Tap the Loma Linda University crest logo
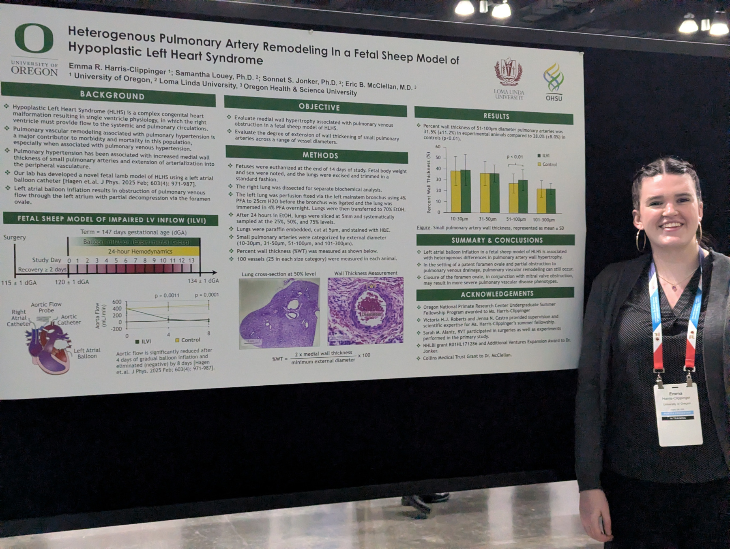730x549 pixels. [508, 73]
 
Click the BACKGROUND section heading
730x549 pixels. [112, 96]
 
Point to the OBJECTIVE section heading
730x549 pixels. [319, 107]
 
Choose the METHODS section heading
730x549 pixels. [320, 155]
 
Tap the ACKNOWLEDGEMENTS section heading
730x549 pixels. [497, 293]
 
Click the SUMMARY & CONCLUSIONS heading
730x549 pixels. [497, 240]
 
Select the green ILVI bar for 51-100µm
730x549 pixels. [523, 197]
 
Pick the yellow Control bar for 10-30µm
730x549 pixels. [455, 192]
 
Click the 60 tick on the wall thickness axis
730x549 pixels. [438, 147]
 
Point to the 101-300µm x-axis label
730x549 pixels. [543, 220]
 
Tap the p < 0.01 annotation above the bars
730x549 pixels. [515, 157]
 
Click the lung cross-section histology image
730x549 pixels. [279, 312]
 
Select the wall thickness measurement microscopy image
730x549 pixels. [365, 310]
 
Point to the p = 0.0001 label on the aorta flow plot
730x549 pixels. [206, 295]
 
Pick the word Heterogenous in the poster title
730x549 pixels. [111, 34]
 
